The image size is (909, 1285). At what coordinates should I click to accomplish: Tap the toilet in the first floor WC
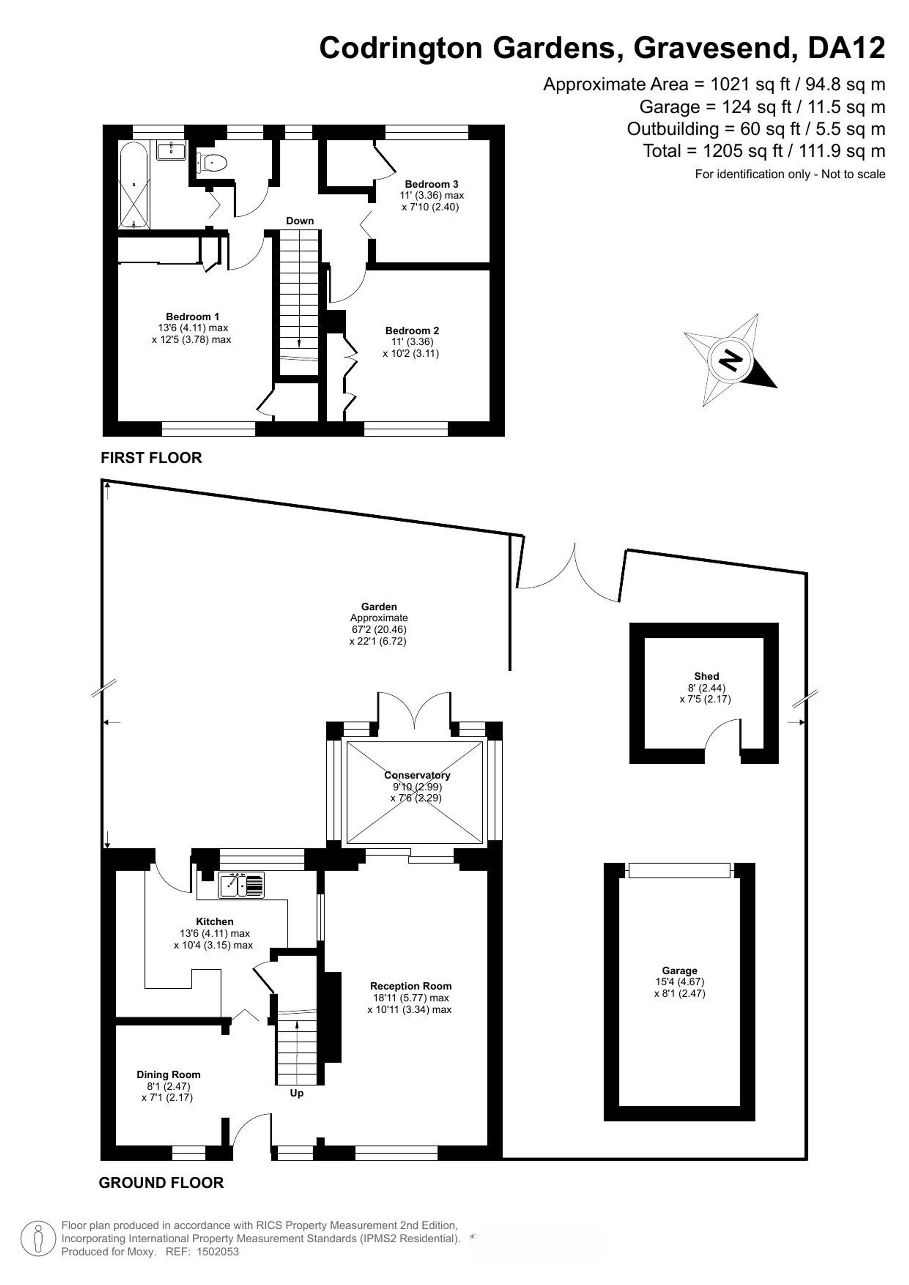[211, 162]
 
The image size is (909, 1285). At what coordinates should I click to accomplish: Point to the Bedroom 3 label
[432, 184]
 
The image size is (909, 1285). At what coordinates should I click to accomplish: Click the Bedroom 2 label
[412, 331]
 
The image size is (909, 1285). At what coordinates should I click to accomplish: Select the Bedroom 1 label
[193, 317]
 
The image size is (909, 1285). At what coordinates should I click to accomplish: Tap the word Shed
[706, 676]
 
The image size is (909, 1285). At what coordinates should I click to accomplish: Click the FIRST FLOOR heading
[151, 458]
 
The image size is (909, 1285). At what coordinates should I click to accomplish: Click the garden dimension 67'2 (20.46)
[379, 630]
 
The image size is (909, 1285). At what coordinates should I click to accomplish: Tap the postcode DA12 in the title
[846, 48]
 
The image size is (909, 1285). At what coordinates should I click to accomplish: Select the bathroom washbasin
[171, 150]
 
